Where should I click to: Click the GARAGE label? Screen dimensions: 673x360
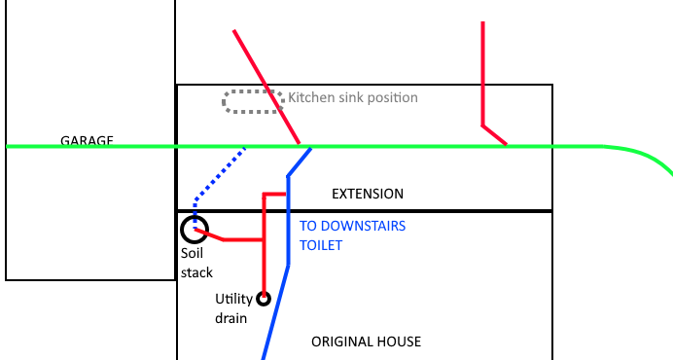87,140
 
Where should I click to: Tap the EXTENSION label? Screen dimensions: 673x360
368,194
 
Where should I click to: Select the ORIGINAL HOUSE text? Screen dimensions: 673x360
366,342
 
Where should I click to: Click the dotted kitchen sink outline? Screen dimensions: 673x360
253,91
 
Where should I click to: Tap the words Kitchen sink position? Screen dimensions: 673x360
353,97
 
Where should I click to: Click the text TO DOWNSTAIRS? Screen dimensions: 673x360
352,226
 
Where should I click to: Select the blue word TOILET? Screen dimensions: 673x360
321,245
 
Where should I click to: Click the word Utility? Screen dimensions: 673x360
234,299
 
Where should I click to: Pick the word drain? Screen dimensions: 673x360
230,318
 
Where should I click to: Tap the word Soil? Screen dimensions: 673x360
192,253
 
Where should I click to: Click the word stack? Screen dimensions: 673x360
196,272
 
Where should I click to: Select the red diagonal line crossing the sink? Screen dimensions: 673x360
266,88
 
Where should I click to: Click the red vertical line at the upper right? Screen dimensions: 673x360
482,74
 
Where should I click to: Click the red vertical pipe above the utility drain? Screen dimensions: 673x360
264,245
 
